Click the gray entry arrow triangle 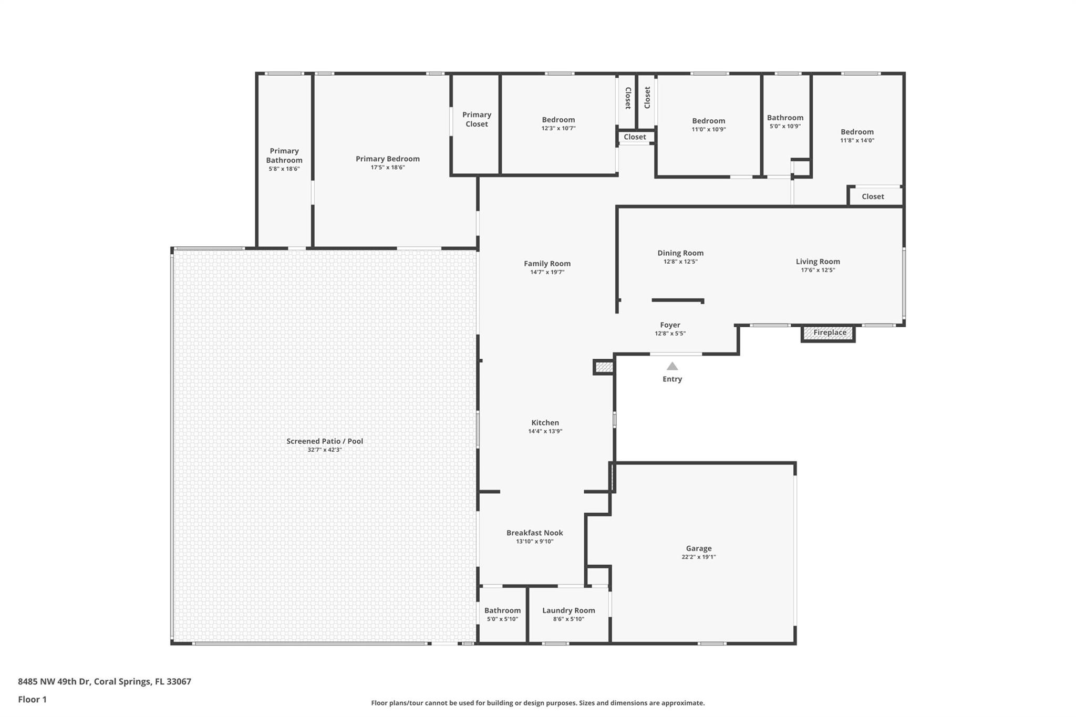[x=672, y=366]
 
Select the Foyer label [x=670, y=325]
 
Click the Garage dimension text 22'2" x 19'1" [x=698, y=557]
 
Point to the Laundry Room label [x=568, y=610]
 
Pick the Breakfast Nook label [x=534, y=533]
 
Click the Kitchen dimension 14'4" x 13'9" [x=545, y=431]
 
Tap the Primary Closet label [x=477, y=119]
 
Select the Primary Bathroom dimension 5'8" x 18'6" [x=284, y=169]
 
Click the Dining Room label [x=680, y=253]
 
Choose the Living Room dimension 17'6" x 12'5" [x=818, y=270]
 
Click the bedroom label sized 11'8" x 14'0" [x=857, y=132]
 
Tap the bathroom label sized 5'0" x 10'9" [x=785, y=118]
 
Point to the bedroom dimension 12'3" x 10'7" [x=558, y=128]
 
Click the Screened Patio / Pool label [x=325, y=441]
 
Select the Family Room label [x=547, y=264]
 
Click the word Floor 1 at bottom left [x=32, y=699]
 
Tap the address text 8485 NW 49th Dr [x=54, y=681]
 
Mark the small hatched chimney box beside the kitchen [x=604, y=367]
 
